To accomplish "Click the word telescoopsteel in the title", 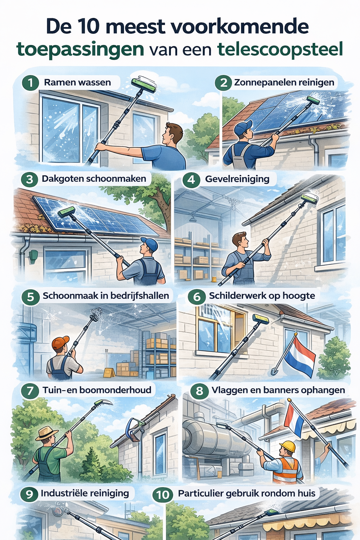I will point(280,50).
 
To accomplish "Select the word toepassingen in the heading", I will point(81,50).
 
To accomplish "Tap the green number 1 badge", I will point(31,83).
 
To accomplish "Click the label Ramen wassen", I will point(77,83).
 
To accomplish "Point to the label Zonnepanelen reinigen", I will point(284,83).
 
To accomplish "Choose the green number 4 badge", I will point(191,180).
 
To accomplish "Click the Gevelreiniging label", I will point(237,179).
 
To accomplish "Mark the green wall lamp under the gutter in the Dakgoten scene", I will point(33,256).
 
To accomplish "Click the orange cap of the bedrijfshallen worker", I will point(60,342).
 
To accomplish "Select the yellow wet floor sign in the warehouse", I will point(109,372).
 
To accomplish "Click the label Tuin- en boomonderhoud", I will point(97,390).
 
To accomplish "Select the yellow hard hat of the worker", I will point(287,446).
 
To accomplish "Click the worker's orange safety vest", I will point(285,470).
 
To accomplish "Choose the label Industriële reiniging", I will point(85,493).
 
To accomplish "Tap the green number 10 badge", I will point(162,495).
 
